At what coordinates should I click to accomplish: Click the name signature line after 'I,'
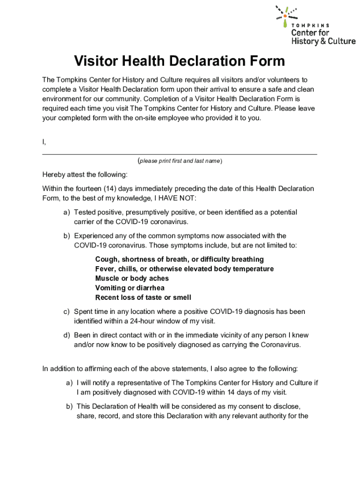tap(180, 153)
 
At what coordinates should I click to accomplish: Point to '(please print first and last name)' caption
tap(180, 161)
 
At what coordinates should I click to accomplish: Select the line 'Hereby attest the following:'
tap(85, 174)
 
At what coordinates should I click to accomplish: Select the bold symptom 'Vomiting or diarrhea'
tap(130, 288)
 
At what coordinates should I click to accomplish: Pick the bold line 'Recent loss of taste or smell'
tap(143, 298)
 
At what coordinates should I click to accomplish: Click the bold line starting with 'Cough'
tap(179, 259)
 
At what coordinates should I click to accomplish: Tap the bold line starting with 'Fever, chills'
tap(184, 269)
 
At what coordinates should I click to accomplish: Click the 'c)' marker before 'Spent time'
tap(67, 312)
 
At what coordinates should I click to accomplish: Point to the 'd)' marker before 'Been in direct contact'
tap(67, 335)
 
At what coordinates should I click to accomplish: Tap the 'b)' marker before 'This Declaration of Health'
tap(69, 406)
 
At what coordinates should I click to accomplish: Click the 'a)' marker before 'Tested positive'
tap(67, 212)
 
